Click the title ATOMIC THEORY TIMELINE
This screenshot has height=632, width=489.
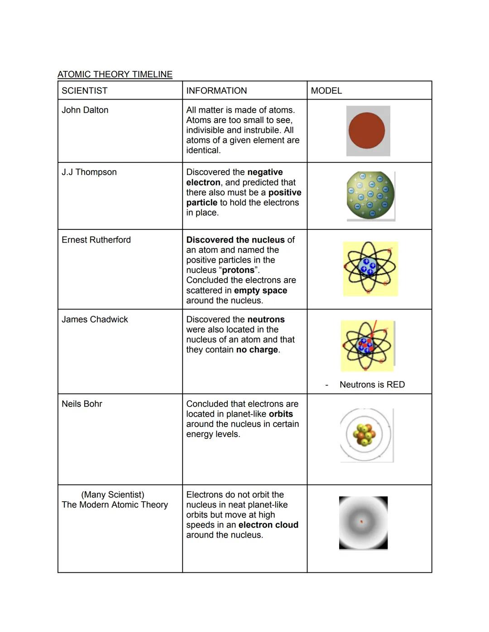(x=115, y=74)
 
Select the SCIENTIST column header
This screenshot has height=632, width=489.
(x=85, y=90)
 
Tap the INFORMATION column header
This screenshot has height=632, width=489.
(x=216, y=90)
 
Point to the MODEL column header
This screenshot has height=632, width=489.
(x=326, y=90)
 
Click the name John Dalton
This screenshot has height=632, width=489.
(x=85, y=110)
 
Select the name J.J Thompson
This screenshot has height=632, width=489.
(x=89, y=172)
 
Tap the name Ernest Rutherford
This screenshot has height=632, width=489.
(x=96, y=240)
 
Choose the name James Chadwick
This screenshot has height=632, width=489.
(x=95, y=319)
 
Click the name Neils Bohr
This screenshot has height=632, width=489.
(x=82, y=404)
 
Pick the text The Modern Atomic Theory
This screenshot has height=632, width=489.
(x=115, y=504)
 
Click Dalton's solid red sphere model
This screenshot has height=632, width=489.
(x=367, y=131)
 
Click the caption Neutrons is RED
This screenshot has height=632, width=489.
(x=372, y=385)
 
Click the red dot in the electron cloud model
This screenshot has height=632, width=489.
(x=361, y=522)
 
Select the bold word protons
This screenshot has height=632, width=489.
(x=238, y=270)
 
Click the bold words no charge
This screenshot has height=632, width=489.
(x=257, y=350)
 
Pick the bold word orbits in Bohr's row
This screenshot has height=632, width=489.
(x=281, y=414)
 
